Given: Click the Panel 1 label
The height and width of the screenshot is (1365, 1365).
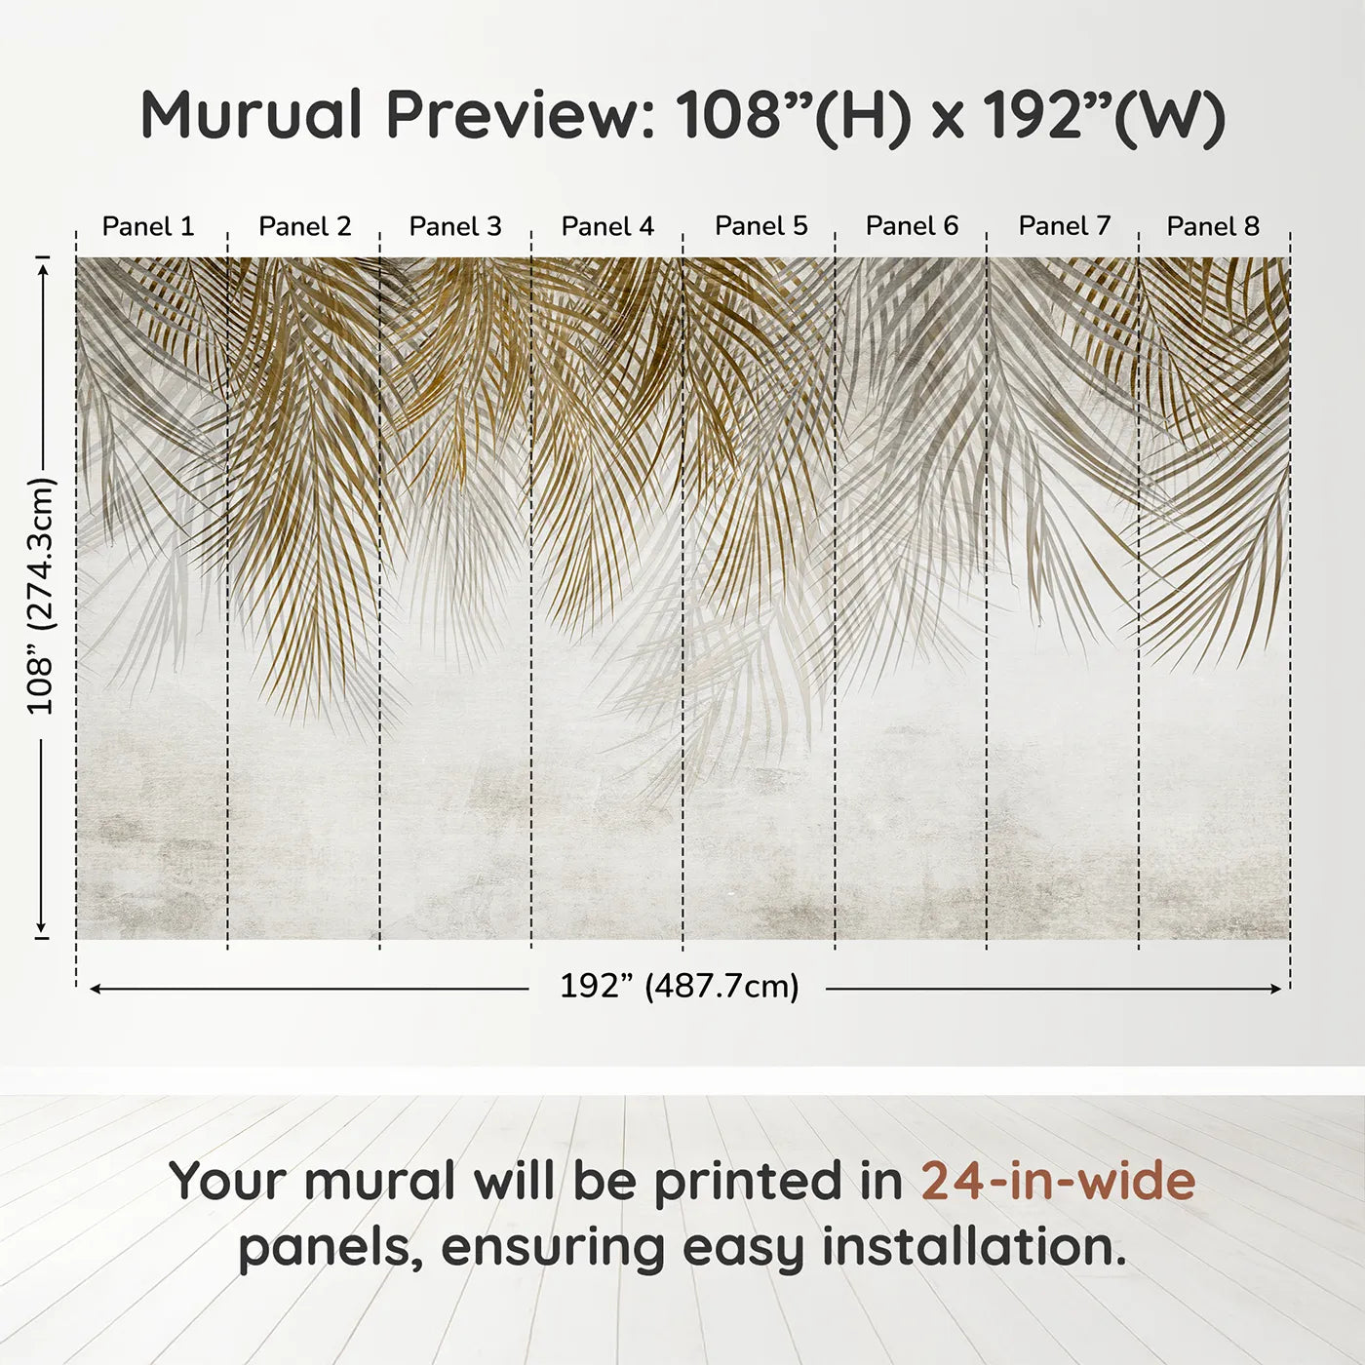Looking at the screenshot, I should [x=148, y=226].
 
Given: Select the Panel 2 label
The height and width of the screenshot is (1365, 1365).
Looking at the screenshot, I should [x=304, y=226].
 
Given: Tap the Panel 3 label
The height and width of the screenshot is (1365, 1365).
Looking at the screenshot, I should [x=455, y=226].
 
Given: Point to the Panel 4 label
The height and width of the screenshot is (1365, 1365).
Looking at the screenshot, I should [x=607, y=226].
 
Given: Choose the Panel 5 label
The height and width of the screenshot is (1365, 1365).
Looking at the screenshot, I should [x=761, y=226].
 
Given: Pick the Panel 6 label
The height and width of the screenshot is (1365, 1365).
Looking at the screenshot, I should [x=913, y=226].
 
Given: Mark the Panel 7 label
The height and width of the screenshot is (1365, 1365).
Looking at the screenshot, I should [x=1065, y=226].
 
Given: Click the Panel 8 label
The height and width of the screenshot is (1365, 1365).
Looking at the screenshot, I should [x=1213, y=226].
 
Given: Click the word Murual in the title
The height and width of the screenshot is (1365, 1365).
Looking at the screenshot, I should [x=252, y=115].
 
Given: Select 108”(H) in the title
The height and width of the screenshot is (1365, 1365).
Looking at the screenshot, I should [x=794, y=115].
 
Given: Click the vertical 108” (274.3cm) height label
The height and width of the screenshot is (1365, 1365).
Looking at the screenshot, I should [x=42, y=596].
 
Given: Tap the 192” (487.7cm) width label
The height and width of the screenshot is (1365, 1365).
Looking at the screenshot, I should [x=679, y=987].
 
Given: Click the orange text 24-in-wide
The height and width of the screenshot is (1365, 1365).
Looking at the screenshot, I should [x=1058, y=1181].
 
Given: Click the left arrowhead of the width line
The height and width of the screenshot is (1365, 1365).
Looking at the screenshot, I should [x=95, y=989].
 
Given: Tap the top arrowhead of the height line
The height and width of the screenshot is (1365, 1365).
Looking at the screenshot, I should [x=42, y=264].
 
